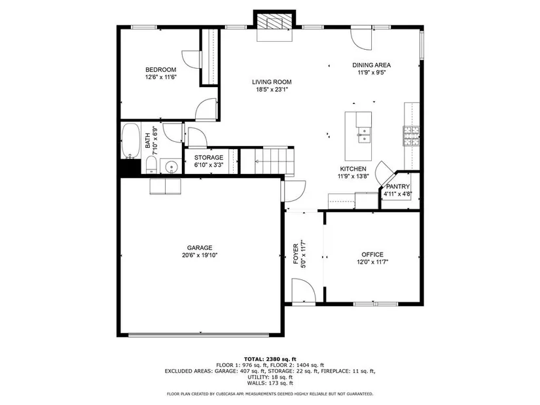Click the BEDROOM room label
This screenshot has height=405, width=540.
click(160, 69)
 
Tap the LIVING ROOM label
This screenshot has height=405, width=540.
click(272, 82)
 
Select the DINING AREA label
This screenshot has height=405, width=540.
click(371, 65)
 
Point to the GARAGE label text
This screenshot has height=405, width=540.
click(200, 247)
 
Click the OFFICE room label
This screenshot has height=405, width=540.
click(372, 255)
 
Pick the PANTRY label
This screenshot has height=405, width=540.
click(398, 186)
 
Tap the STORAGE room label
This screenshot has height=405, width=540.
click(209, 158)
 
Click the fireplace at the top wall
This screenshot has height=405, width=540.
click(274, 23)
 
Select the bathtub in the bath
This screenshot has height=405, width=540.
click(130, 141)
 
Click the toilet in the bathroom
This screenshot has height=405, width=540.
click(151, 165)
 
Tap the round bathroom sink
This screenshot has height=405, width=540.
click(171, 167)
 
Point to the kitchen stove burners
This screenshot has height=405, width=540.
click(411, 136)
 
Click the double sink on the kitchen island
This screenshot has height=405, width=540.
click(364, 135)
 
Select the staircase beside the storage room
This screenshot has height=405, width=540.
click(267, 160)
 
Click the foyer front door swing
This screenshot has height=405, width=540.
click(304, 291)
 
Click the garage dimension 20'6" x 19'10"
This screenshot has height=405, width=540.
click(200, 255)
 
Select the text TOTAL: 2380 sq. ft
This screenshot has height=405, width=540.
click(270, 359)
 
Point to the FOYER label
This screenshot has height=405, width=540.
click(295, 254)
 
